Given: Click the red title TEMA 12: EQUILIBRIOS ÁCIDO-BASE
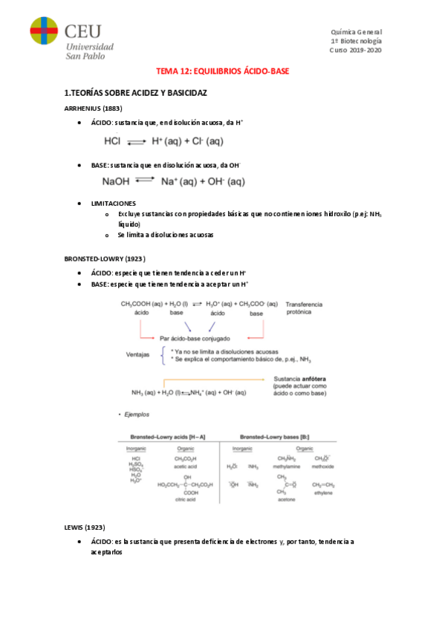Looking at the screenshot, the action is pos(222,71).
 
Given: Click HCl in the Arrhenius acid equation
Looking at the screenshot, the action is pos(113,140).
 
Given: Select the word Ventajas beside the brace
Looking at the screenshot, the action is pos(140,354).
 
